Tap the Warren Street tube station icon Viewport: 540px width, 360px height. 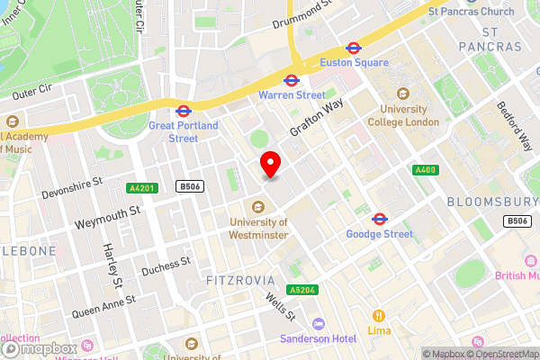(x=292, y=79)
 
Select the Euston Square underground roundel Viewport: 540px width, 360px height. (x=354, y=48)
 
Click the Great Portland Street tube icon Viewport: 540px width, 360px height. (x=183, y=112)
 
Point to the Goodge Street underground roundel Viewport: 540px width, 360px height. (x=379, y=219)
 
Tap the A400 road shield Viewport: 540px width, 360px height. (x=425, y=170)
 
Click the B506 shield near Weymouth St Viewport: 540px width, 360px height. (x=188, y=187)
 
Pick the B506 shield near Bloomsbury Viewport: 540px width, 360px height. (x=517, y=220)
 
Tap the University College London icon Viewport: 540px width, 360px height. (x=402, y=93)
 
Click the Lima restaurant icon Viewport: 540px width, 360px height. (x=379, y=316)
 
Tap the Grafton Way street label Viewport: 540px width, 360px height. (x=316, y=118)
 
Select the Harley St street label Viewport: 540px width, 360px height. (x=114, y=265)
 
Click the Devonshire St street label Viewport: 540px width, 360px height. (x=71, y=186)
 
